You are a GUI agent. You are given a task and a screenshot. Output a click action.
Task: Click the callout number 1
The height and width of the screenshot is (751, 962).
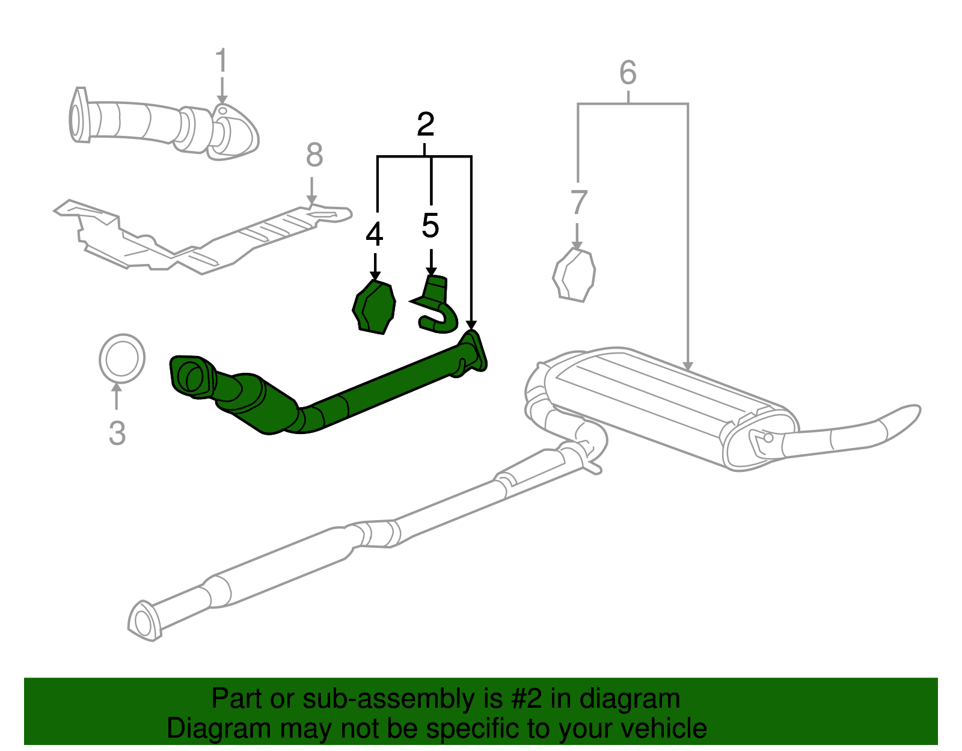(222, 62)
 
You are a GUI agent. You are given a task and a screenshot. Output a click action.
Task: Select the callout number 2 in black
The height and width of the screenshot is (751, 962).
(426, 124)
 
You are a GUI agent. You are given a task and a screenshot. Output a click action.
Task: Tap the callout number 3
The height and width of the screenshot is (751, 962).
(117, 433)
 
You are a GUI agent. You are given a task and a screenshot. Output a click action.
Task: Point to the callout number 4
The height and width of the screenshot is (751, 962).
(374, 234)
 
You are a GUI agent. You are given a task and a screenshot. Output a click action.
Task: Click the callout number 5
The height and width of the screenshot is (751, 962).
(430, 225)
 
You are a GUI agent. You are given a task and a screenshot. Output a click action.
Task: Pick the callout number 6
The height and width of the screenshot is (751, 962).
(628, 73)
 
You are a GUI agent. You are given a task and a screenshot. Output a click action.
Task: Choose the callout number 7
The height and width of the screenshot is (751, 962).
(578, 202)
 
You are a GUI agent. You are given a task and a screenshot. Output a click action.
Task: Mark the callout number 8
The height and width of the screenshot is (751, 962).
(314, 155)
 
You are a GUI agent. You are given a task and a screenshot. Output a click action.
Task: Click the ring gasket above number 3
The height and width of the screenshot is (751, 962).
(122, 358)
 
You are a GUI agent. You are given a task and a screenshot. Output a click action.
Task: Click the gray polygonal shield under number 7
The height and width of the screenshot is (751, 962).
(574, 275)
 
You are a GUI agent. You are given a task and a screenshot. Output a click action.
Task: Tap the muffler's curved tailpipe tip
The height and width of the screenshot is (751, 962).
(902, 417)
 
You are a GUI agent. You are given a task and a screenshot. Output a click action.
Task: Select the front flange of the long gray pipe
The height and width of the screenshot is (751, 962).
(145, 621)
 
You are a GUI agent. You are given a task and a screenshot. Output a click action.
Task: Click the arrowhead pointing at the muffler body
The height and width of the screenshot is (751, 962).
(688, 366)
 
